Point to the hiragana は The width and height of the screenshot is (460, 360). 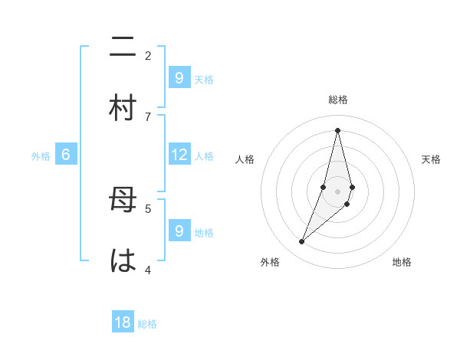123,261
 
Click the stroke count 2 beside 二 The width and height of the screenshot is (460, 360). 148,55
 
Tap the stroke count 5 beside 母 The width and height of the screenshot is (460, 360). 148,208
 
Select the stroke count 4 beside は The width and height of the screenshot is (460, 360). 148,269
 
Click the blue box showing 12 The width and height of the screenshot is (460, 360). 179,155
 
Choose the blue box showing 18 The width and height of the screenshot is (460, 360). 123,322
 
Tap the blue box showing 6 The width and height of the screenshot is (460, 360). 66,155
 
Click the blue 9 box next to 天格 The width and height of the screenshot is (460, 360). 179,78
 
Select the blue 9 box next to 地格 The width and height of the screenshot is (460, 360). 179,231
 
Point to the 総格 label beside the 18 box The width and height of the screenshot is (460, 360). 147,324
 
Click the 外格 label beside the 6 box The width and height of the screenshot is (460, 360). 41,156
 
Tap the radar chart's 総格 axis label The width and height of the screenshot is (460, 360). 338,100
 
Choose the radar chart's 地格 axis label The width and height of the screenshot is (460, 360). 402,262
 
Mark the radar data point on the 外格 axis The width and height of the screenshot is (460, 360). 301,242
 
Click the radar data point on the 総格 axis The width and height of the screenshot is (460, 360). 337,129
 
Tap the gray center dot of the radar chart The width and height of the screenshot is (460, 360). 337,191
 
